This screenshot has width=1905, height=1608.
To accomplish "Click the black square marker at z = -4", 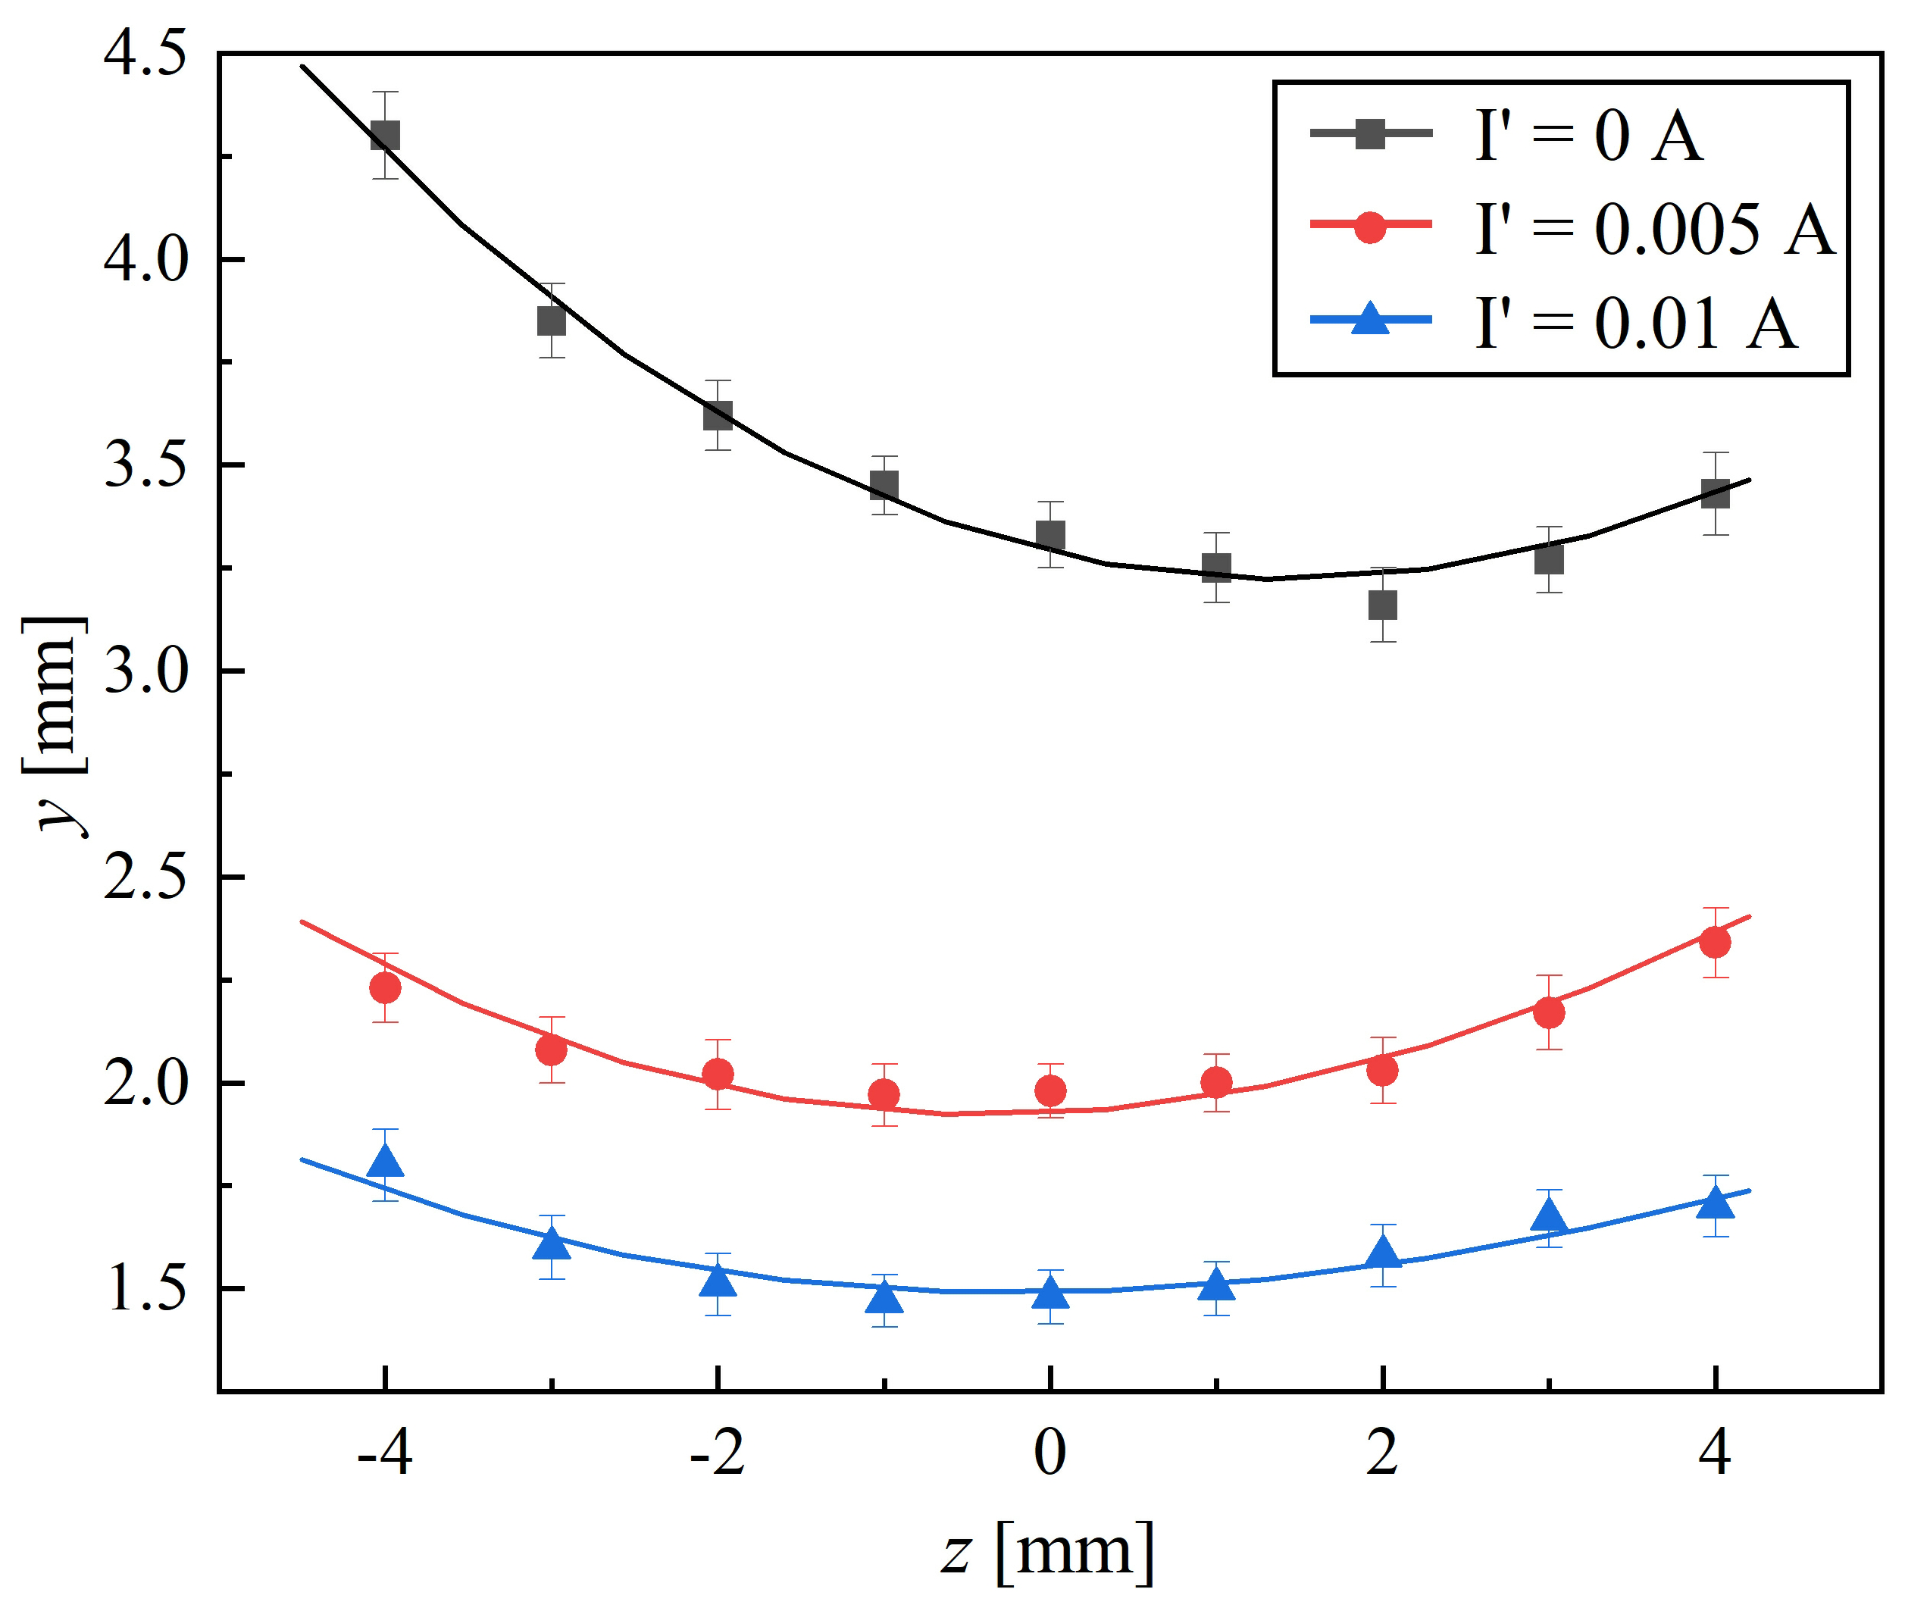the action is coord(386,136).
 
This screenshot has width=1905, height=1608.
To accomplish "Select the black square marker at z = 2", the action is coord(1383,605).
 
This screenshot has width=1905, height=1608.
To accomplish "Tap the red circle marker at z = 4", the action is coord(1716,942).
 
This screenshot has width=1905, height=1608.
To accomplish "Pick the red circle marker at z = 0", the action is coord(1050,1090).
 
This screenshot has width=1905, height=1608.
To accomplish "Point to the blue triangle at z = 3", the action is coord(1549,1215).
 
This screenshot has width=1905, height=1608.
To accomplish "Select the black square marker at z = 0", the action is coord(1050,535).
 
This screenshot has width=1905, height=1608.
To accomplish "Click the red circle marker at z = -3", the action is coord(551,1050).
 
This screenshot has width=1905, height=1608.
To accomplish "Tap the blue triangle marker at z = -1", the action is coord(884,1295).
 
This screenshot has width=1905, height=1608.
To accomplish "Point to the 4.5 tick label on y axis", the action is coord(145,52).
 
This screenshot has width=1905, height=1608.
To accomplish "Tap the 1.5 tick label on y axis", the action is coord(145,1289).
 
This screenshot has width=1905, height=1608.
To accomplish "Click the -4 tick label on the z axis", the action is coord(385,1453).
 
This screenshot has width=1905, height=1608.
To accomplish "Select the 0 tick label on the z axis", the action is coord(1050,1453).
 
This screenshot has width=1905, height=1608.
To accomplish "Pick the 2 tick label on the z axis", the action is coord(1383,1453).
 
